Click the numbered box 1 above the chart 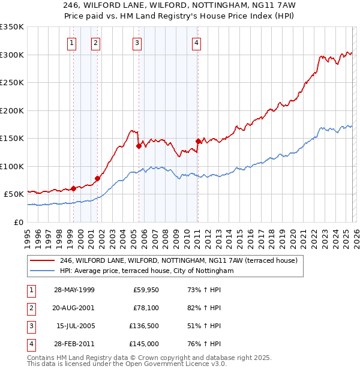pos(72,43)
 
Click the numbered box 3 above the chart pos(137,43)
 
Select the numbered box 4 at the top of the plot pos(196,43)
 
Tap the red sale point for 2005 pos(139,146)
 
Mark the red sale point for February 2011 pos(198,141)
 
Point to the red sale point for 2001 pos(97,178)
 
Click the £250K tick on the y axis pos(12,83)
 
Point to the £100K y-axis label pos(12,166)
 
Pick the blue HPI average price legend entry pos(146,271)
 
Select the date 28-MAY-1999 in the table pos(74,290)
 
